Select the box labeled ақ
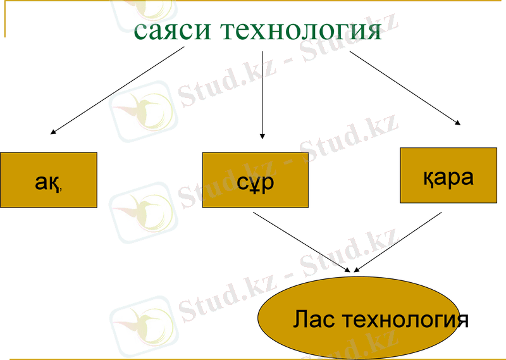49,180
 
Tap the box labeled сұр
256,180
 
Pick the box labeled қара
448,175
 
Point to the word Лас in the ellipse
314,320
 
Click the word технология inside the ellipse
404,320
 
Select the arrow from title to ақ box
118,90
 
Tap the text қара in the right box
448,177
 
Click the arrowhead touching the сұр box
262,136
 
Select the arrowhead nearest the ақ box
54,132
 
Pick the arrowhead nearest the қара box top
457,123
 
